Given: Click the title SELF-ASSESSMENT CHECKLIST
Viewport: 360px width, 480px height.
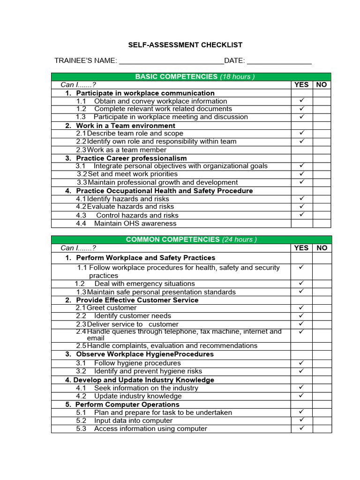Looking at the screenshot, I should tap(185, 45).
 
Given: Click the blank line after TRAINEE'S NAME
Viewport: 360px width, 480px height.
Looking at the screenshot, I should tap(171, 61).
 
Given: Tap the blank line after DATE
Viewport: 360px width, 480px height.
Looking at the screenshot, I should tap(279, 61).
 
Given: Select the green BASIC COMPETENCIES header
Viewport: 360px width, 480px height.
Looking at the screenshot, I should tap(191, 77).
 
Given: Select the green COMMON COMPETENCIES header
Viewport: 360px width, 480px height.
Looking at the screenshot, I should tap(191, 240).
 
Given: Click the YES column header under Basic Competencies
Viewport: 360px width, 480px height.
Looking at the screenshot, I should tap(301, 85).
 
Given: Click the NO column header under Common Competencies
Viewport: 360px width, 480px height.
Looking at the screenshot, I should tap(322, 248).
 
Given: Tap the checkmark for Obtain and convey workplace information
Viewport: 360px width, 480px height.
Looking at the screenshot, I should tap(302, 101).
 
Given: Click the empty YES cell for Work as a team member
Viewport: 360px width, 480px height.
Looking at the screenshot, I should tap(302, 150).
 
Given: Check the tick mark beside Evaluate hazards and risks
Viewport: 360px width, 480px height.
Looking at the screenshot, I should tap(302, 206).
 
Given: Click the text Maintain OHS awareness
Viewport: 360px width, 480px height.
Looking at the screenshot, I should tap(128, 224).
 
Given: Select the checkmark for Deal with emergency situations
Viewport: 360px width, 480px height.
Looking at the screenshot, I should tap(302, 283).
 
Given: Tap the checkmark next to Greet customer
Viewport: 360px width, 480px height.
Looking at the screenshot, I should tap(302, 307).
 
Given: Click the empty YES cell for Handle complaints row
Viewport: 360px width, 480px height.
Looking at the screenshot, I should tap(302, 346).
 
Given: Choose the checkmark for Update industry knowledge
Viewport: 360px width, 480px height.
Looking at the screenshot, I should tap(302, 396).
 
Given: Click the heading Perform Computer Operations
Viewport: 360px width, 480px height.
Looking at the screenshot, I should tap(127, 404).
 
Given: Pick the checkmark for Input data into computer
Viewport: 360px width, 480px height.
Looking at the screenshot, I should tap(302, 420).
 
